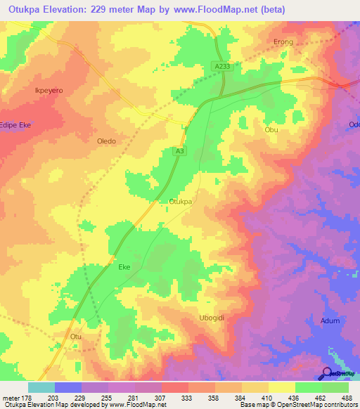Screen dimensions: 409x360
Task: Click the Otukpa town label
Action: pos(181,202)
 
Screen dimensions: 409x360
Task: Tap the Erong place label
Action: pos(283,42)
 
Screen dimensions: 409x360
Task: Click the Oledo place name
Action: pos(105,141)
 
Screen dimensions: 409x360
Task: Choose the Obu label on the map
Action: pos(271,130)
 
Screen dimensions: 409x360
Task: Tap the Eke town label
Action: pos(124,268)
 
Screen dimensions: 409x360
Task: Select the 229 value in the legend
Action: pos(82,398)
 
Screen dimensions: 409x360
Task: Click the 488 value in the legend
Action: pos(348,398)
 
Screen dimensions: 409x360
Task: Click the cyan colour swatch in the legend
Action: pos(41,387)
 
